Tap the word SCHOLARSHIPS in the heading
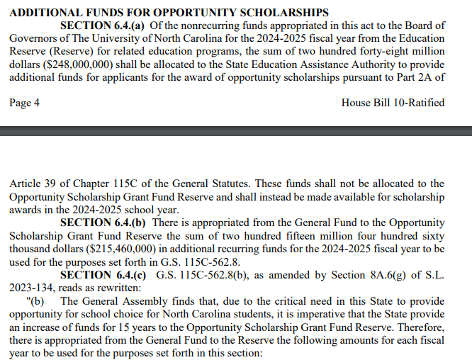coord(283,12)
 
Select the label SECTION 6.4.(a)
coord(103,25)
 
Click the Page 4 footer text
coord(25,103)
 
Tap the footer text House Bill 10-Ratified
coord(393,103)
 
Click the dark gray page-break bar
coord(236,131)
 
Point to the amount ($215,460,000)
coord(103,248)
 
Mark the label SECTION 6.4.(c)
coord(103,274)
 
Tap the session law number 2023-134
coord(33,287)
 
